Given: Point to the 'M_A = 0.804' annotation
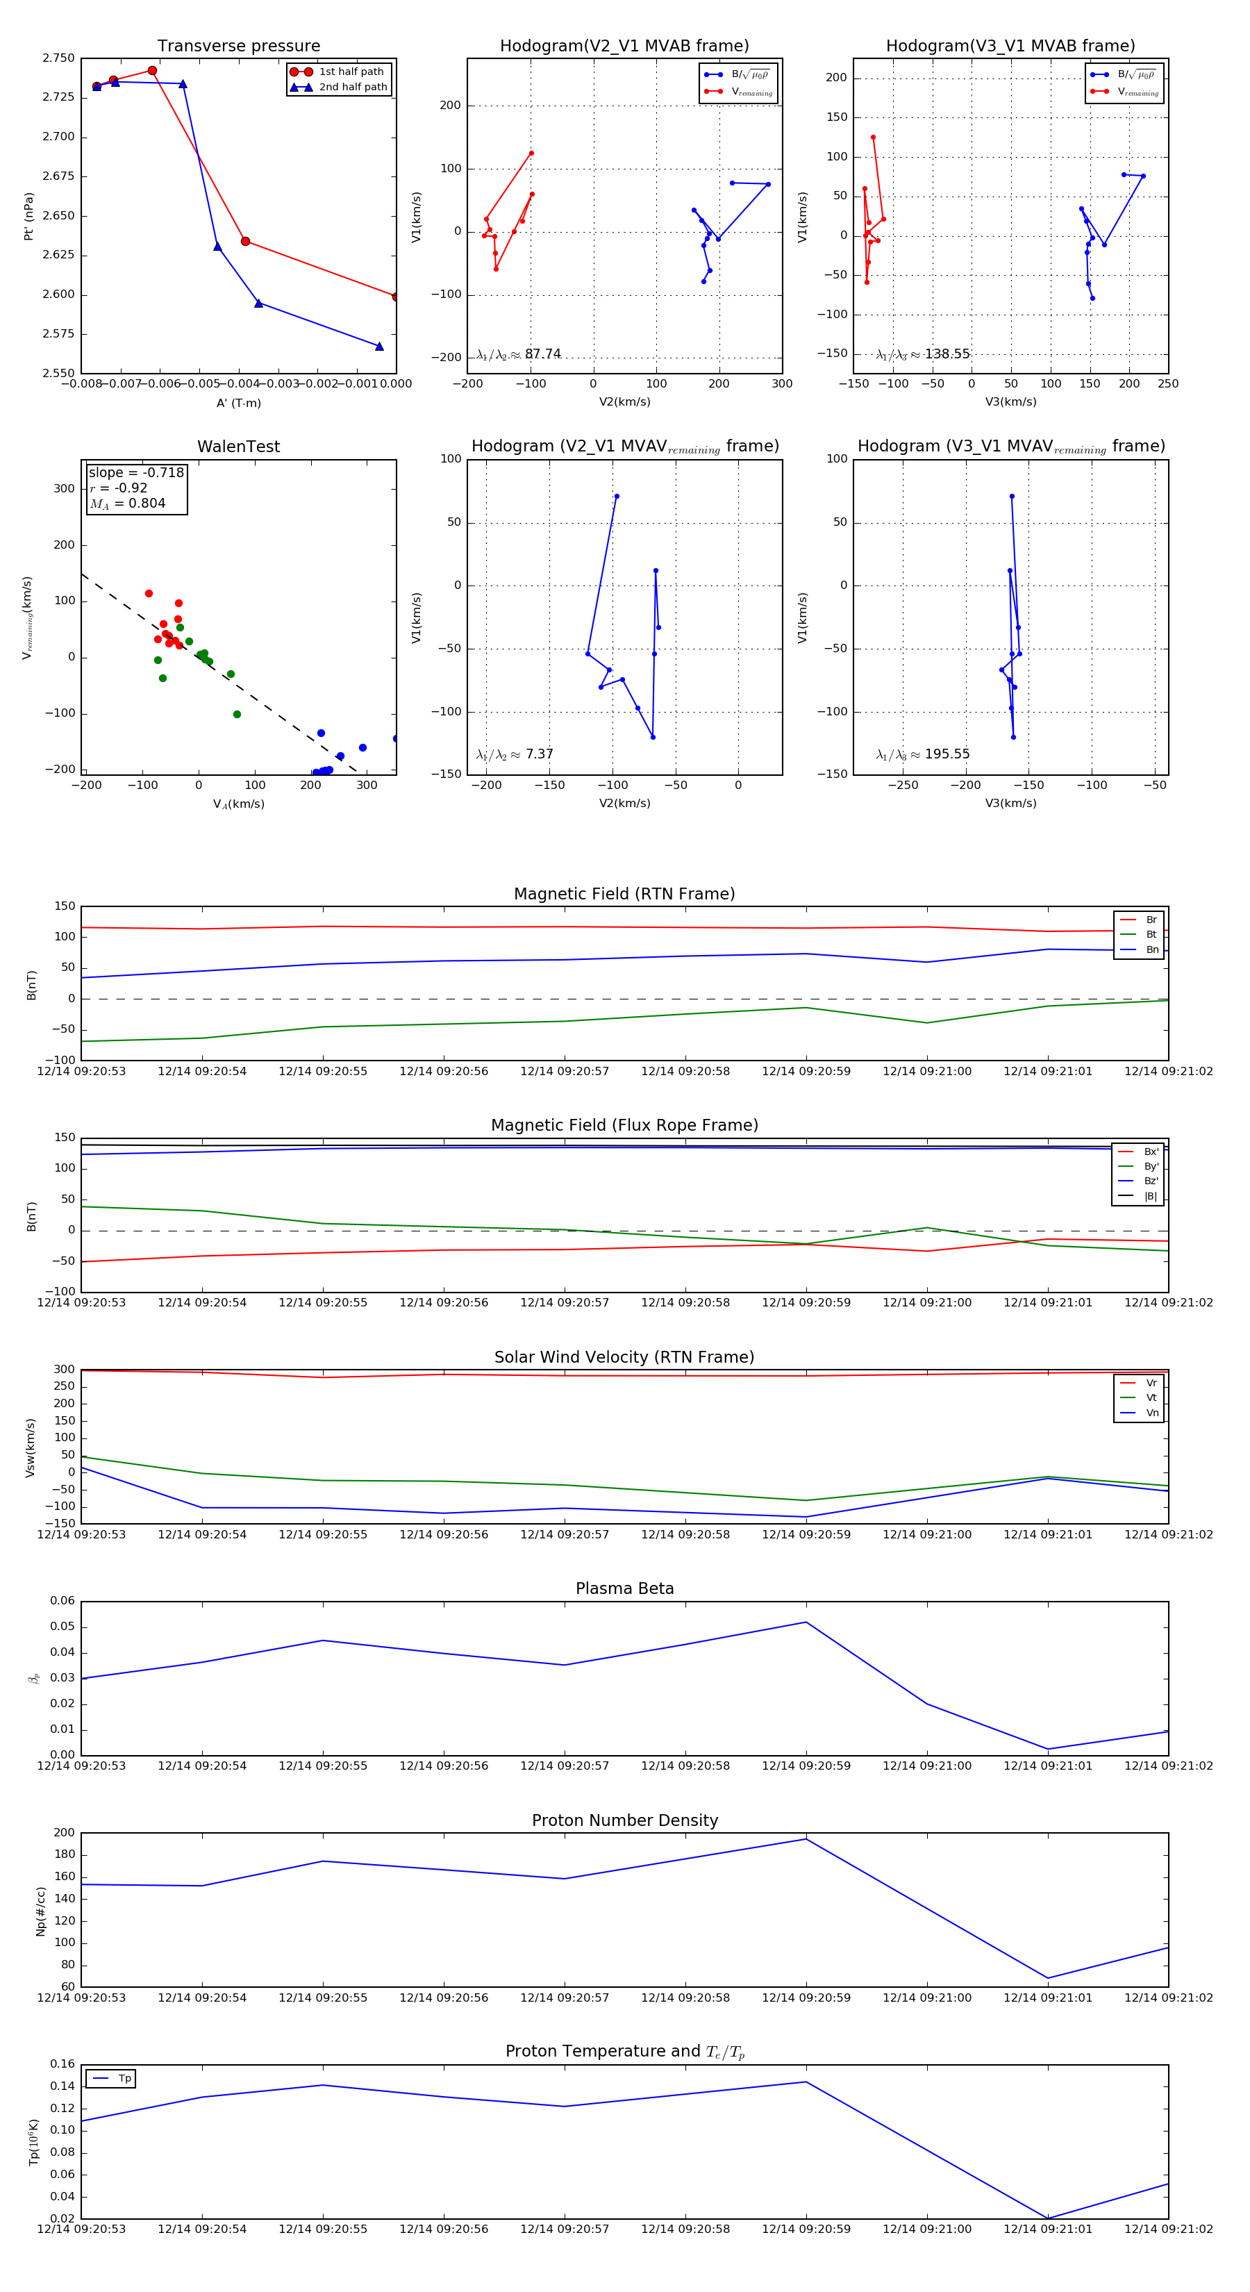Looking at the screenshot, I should pyautogui.click(x=127, y=504).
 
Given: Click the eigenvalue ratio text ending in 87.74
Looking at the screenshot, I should pyautogui.click(x=519, y=354).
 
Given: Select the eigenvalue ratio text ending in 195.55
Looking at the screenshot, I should pyautogui.click(x=923, y=754).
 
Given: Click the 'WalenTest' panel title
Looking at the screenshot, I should pyautogui.click(x=238, y=447).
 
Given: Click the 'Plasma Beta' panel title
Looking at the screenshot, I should pyautogui.click(x=624, y=1589).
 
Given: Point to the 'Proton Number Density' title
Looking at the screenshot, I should pyautogui.click(x=624, y=1820).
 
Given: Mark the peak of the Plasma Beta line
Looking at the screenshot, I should pyautogui.click(x=806, y=1622).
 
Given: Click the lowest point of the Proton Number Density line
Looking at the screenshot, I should pyautogui.click(x=1048, y=1979).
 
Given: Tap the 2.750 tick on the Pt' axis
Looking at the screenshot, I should pyautogui.click(x=59, y=59).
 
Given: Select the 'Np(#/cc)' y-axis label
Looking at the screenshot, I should pyautogui.click(x=41, y=1910).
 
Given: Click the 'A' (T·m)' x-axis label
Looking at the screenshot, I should pyautogui.click(x=238, y=403).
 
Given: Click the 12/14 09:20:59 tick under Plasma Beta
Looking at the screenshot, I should pyautogui.click(x=806, y=1766).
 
